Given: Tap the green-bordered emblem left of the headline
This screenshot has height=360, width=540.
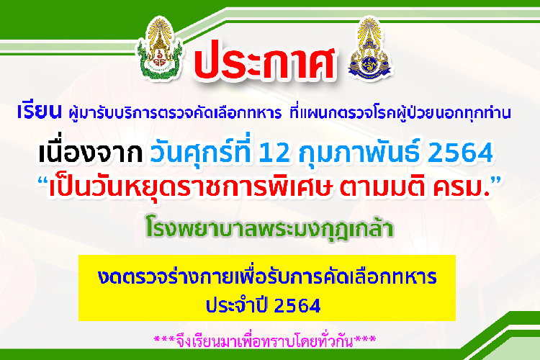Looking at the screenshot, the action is point(159,48).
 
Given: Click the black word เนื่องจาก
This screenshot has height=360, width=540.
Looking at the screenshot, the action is point(90,152).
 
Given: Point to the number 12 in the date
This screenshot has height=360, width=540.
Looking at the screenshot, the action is point(274,153).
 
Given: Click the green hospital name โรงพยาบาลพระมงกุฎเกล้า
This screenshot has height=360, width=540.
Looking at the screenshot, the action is point(270,228).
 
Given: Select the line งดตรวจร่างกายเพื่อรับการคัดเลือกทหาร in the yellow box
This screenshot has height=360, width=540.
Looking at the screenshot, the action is point(267,276).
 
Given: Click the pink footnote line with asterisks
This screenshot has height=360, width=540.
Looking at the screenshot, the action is point(265,341).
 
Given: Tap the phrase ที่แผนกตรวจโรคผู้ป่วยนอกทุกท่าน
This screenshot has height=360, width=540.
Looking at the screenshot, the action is point(400,112).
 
